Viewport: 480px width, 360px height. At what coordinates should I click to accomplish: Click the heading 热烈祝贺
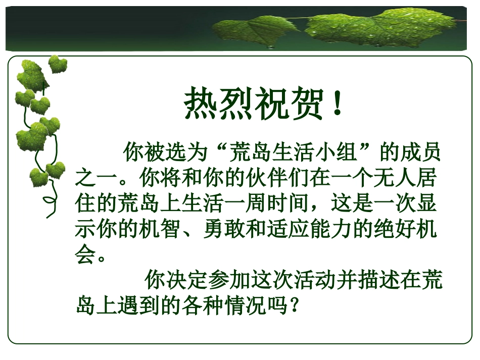coord(253,105)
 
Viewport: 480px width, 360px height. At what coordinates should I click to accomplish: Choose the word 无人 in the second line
coord(389,178)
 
